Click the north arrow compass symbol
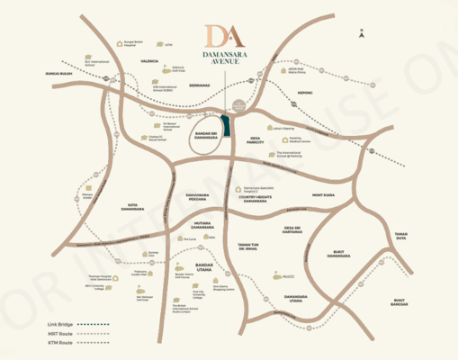[x=361, y=34]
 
